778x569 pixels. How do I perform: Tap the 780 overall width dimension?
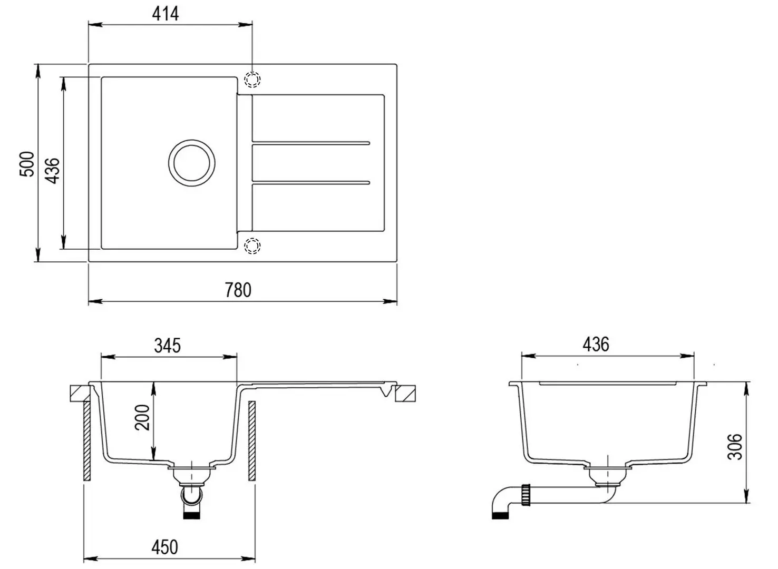[238, 290]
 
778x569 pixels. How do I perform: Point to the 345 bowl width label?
[167, 346]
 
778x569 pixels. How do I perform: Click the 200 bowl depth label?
[143, 417]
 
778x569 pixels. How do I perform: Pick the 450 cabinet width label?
[164, 547]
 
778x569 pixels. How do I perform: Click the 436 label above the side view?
[596, 345]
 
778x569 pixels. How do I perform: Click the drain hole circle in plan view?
[192, 163]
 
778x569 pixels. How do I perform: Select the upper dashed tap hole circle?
[253, 79]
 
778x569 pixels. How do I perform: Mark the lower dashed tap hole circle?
[253, 246]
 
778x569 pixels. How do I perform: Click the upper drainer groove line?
[311, 143]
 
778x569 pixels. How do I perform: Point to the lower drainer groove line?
[311, 183]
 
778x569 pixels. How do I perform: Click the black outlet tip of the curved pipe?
[500, 515]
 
